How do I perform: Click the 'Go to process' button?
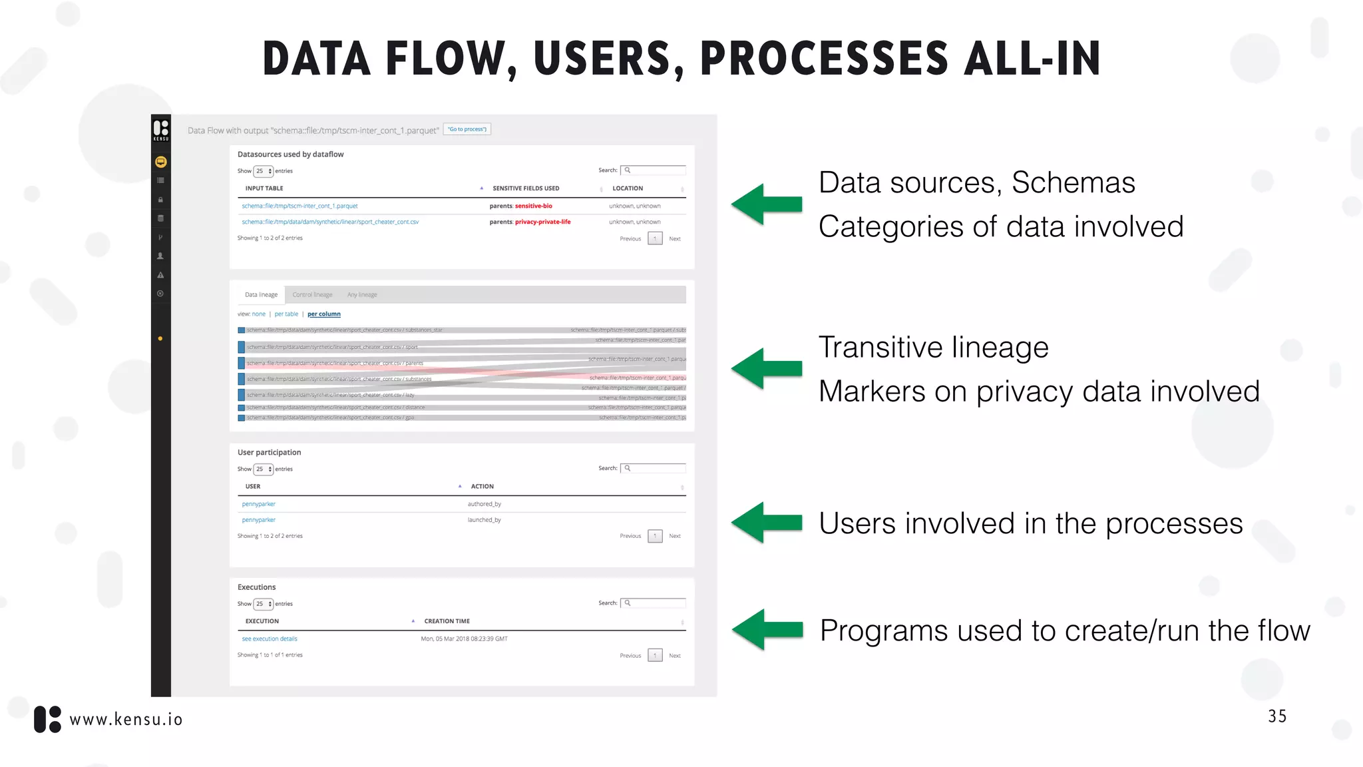pos(467,129)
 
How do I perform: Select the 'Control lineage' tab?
pos(312,294)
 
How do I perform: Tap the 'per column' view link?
pos(323,314)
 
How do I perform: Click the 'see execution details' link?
pos(270,639)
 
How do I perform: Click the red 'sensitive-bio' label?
pos(533,206)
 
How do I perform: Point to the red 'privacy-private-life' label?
pos(542,222)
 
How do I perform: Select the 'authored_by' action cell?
pos(485,504)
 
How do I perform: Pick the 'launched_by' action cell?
pos(485,520)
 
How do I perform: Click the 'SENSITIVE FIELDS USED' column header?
pos(526,188)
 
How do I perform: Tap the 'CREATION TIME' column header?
pos(447,621)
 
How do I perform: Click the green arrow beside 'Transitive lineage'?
pos(767,368)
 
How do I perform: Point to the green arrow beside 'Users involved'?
pos(767,523)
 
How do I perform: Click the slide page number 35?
pos(1277,716)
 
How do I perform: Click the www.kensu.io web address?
pos(126,720)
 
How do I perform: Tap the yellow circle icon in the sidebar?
pos(161,162)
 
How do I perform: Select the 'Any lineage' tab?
pos(362,294)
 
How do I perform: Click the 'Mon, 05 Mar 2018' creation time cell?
pos(464,639)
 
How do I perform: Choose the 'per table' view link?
pos(286,314)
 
